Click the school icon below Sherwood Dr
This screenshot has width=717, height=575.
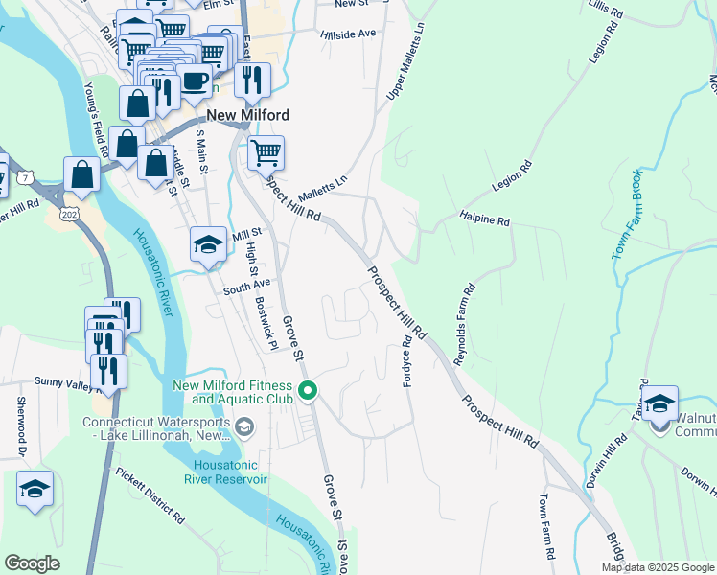[x=35, y=491]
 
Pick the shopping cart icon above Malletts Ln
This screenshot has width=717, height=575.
[x=266, y=152]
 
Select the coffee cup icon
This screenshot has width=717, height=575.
[x=195, y=81]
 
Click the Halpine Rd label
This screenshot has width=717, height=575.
[x=484, y=219]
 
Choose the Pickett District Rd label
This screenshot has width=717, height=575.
[x=150, y=496]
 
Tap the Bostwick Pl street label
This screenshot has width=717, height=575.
[x=266, y=322]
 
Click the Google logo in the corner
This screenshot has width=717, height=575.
[x=33, y=563]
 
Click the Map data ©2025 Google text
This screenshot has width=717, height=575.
[x=658, y=567]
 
